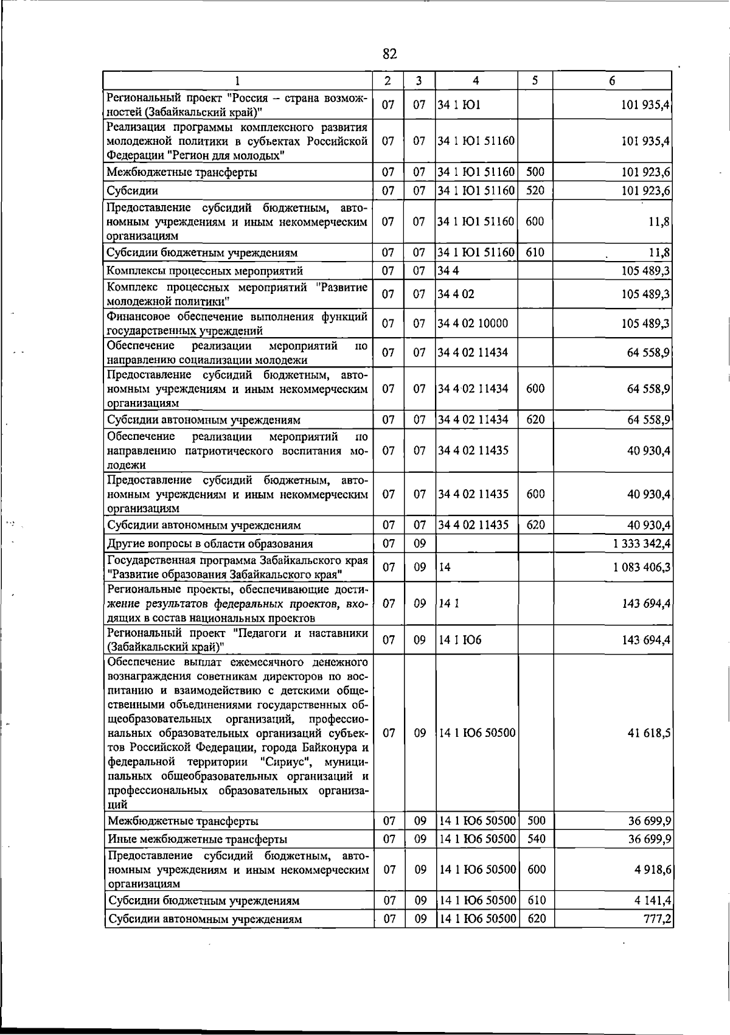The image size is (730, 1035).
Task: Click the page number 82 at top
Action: click(390, 54)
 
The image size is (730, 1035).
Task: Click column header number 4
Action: click(476, 80)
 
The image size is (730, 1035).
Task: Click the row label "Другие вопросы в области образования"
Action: click(210, 544)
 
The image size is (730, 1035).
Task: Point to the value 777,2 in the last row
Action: click(658, 919)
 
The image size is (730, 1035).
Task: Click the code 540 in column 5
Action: click(536, 839)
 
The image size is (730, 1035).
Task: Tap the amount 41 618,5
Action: click(649, 733)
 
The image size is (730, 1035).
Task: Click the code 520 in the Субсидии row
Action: click(535, 190)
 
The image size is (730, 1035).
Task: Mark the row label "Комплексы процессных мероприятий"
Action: click(204, 271)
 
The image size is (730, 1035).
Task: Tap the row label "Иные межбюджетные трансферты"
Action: click(197, 840)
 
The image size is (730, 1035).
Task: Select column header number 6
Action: click(612, 80)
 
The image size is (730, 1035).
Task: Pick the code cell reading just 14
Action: click(445, 567)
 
